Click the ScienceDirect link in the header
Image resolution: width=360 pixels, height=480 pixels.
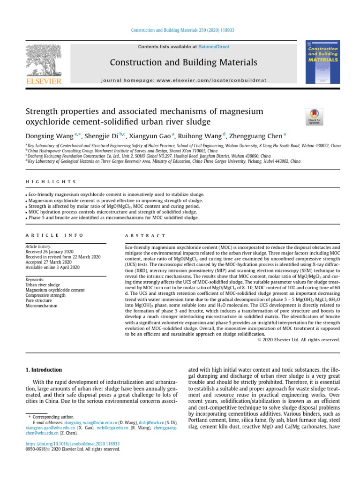click(x=213, y=46)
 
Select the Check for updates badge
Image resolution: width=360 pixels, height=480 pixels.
click(x=314, y=116)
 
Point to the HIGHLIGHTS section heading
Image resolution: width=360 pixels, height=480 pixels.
click(x=51, y=182)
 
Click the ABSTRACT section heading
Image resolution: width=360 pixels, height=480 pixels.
click(x=145, y=235)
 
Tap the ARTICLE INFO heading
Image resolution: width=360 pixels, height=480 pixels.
click(x=54, y=235)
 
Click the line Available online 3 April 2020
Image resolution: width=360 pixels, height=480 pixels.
click(x=52, y=267)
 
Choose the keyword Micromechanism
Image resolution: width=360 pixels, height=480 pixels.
click(x=41, y=306)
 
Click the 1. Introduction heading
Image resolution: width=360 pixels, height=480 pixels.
click(x=44, y=370)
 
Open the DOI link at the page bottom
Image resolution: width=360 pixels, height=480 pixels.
click(x=73, y=443)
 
